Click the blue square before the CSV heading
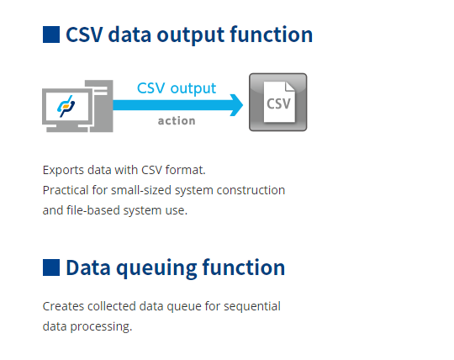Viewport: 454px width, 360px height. click(x=51, y=34)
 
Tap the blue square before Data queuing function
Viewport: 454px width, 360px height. click(x=51, y=267)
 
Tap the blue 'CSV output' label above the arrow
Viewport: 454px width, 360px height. click(x=177, y=87)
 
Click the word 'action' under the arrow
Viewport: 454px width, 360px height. click(x=177, y=120)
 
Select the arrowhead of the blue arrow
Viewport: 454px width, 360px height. click(x=235, y=105)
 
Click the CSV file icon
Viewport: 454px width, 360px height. click(x=277, y=102)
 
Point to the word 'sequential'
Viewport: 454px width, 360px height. click(x=254, y=305)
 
